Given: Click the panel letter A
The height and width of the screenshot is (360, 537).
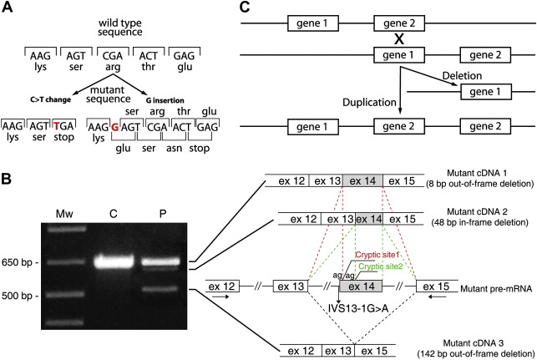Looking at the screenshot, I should [x=8, y=10].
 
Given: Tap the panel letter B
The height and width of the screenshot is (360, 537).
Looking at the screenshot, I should [x=8, y=180].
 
